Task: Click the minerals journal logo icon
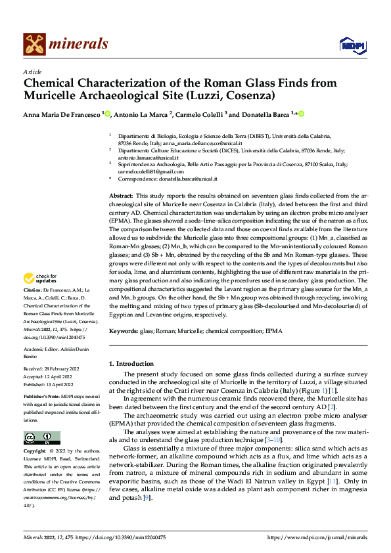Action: click(x=35, y=44)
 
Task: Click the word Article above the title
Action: click(x=32, y=71)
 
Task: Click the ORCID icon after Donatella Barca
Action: click(x=302, y=114)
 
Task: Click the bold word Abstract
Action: click(x=120, y=196)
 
